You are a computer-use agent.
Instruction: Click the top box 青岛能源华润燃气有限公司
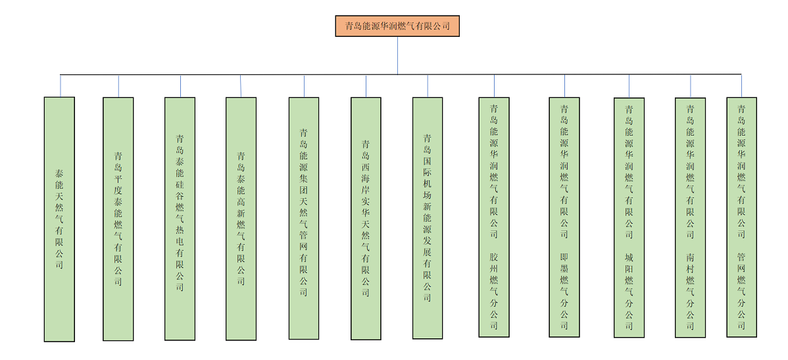pos(397,26)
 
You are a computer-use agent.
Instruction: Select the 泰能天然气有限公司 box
pos(59,219)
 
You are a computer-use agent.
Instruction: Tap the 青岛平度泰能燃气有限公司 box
pos(118,219)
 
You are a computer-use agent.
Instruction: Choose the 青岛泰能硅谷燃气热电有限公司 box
pos(180,219)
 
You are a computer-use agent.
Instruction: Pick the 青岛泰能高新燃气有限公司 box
pos(241,219)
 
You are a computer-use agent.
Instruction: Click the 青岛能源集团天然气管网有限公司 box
pos(304,219)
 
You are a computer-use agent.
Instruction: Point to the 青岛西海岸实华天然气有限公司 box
pos(366,219)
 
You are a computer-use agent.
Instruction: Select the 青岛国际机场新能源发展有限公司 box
pos(428,219)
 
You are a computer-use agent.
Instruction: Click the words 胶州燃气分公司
pos(494,290)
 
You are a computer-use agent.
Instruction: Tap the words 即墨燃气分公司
pos(564,290)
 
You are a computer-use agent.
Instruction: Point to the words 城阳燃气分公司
pos(629,290)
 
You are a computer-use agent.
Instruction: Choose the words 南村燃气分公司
pos(690,290)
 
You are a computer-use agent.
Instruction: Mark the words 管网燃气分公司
pos(741,290)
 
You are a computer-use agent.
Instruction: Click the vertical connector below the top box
pos(397,55)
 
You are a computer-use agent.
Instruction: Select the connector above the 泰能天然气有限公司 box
pos(60,86)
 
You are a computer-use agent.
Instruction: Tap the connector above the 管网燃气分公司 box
pos(741,86)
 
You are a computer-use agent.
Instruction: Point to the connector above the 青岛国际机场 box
pos(428,86)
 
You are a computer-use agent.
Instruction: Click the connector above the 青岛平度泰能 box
pos(118,86)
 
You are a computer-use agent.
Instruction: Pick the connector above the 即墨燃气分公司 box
pos(564,86)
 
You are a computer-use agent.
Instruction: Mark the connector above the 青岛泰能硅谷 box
pos(180,86)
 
